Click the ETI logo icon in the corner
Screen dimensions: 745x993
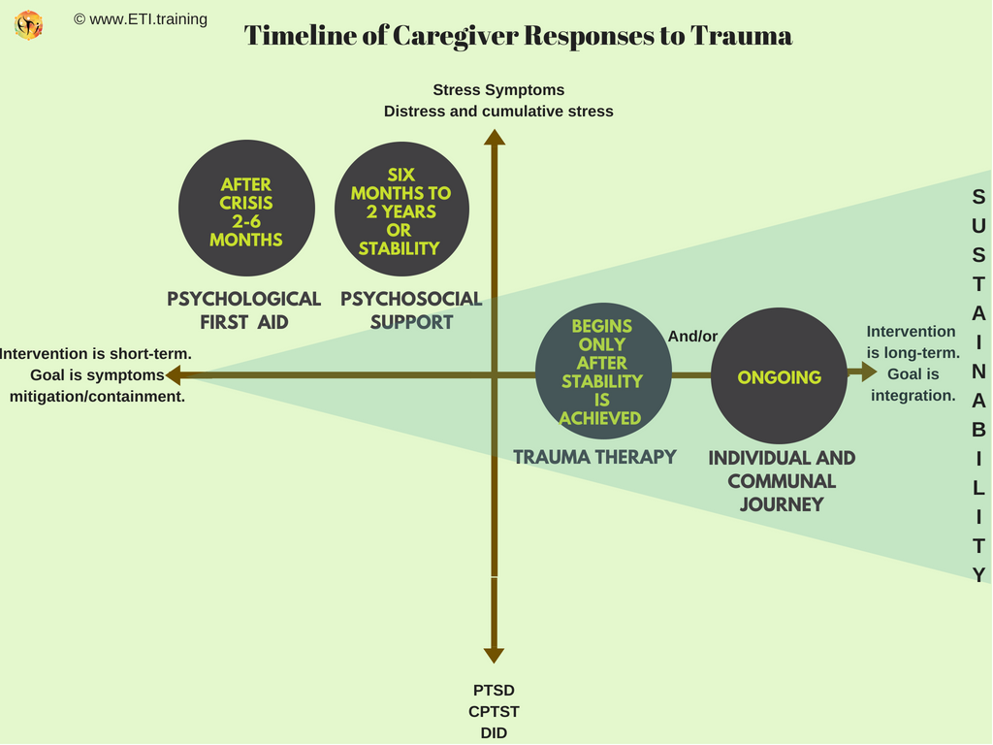click(29, 24)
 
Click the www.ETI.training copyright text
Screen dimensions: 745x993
click(141, 18)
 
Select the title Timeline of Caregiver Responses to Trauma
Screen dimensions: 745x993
click(518, 36)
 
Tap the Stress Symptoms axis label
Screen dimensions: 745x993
click(498, 90)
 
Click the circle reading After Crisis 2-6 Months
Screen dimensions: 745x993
click(246, 209)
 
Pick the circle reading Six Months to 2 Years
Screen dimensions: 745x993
click(401, 209)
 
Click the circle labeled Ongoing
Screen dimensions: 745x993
click(779, 376)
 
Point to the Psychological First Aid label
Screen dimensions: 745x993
click(244, 310)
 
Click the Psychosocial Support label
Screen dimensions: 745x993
click(411, 310)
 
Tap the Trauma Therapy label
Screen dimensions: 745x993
click(594, 457)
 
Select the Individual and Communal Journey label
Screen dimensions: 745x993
click(782, 481)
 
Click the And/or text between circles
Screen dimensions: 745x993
click(692, 337)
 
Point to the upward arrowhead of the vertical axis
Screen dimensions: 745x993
click(495, 137)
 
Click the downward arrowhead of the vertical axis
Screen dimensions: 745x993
click(495, 655)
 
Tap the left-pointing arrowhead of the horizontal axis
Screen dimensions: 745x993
click(174, 374)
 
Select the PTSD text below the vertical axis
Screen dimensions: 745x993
click(494, 691)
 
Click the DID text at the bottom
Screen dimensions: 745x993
click(494, 733)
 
